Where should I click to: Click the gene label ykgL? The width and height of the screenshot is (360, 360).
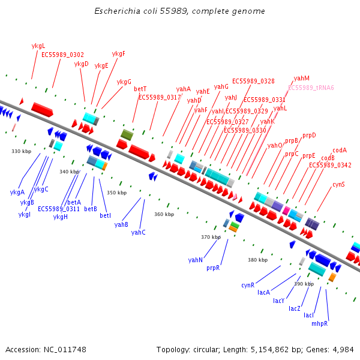point(38,46)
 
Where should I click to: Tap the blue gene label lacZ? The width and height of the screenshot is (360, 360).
point(295,308)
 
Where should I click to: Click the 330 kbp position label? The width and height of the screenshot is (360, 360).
point(21,151)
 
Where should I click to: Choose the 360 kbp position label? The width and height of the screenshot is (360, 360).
point(164,214)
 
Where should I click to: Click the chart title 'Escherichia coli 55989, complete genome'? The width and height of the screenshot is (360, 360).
point(179,11)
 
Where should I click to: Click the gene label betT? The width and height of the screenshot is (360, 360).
point(140,89)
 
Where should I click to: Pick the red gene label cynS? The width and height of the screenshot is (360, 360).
point(338,184)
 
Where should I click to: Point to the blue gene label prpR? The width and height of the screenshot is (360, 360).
point(213,268)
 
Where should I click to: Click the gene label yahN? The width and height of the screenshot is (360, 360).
point(195,260)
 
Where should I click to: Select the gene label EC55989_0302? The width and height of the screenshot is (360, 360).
point(62,55)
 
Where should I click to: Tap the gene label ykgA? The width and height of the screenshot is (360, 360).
point(17,192)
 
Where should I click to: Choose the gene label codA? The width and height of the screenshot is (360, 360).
point(340,150)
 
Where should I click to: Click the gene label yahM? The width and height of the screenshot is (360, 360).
point(302,79)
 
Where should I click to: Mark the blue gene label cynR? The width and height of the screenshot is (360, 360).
point(248,285)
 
